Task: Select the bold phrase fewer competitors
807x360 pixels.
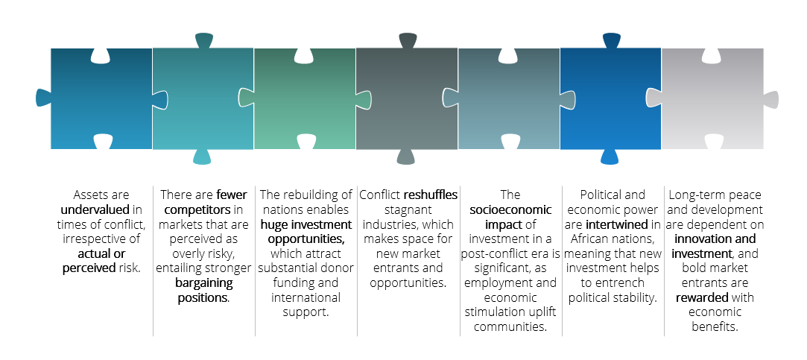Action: click(x=202, y=202)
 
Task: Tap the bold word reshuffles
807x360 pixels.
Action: click(x=431, y=195)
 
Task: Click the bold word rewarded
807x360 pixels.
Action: click(x=703, y=298)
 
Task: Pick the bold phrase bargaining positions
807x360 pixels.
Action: click(x=203, y=291)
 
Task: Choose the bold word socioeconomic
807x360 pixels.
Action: click(x=510, y=209)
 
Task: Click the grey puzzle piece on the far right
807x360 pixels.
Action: click(x=712, y=98)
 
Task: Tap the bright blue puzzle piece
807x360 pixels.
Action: click(x=610, y=98)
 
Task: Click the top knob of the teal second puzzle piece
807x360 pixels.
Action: click(x=203, y=40)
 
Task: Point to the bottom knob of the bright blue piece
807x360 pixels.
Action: click(x=610, y=157)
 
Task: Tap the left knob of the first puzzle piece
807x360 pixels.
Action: click(x=43, y=98)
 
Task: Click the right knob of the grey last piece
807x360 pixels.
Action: click(x=771, y=98)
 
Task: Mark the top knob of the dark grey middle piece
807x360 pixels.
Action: click(x=408, y=40)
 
